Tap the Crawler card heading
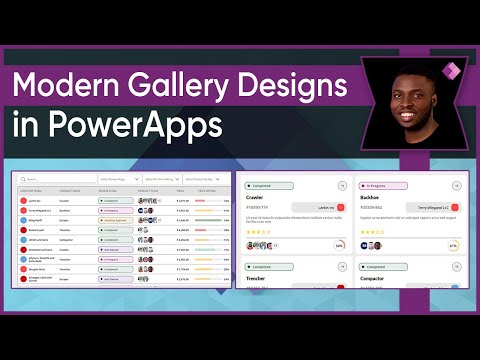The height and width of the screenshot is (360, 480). [257, 198]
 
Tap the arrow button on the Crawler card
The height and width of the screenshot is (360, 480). [343, 185]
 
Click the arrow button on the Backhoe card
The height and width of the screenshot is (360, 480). [455, 185]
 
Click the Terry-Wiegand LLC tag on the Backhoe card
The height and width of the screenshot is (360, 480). [427, 207]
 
